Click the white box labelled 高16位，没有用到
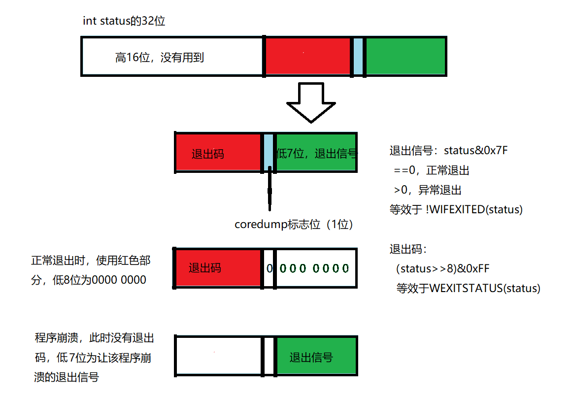[x=172, y=56]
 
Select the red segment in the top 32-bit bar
[x=308, y=56]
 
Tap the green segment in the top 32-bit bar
[x=405, y=56]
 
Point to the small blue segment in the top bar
[x=358, y=56]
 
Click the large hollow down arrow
[x=311, y=102]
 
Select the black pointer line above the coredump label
[x=270, y=190]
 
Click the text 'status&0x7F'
[x=475, y=151]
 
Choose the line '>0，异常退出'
[x=427, y=190]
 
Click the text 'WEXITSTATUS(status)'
[x=485, y=289]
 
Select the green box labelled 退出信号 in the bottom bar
[x=316, y=357]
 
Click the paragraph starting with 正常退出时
[x=89, y=270]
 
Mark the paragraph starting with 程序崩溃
[x=93, y=358]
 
